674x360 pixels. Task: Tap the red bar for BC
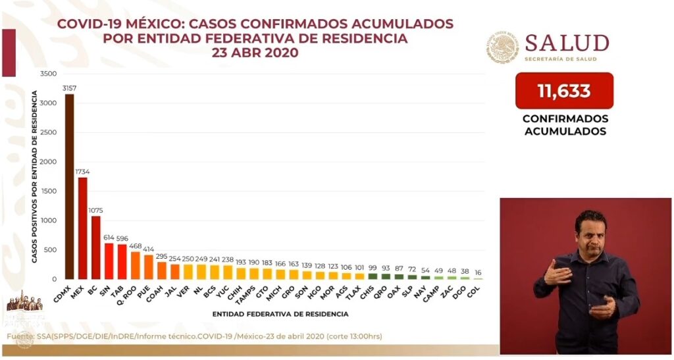point(95,247)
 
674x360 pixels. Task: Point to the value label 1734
point(82,172)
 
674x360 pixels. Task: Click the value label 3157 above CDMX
point(69,88)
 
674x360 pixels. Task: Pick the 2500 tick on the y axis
point(49,132)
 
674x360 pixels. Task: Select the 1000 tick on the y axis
point(49,220)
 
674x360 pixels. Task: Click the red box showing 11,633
point(564,91)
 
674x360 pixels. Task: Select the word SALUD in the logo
point(567,43)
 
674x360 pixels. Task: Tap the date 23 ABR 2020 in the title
point(255,53)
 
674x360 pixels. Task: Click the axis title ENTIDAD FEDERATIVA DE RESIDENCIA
point(280,314)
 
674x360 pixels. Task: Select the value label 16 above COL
point(477,272)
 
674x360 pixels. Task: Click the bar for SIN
point(109,261)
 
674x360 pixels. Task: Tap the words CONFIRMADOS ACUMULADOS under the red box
point(565,125)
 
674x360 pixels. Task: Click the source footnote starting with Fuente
point(194,337)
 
